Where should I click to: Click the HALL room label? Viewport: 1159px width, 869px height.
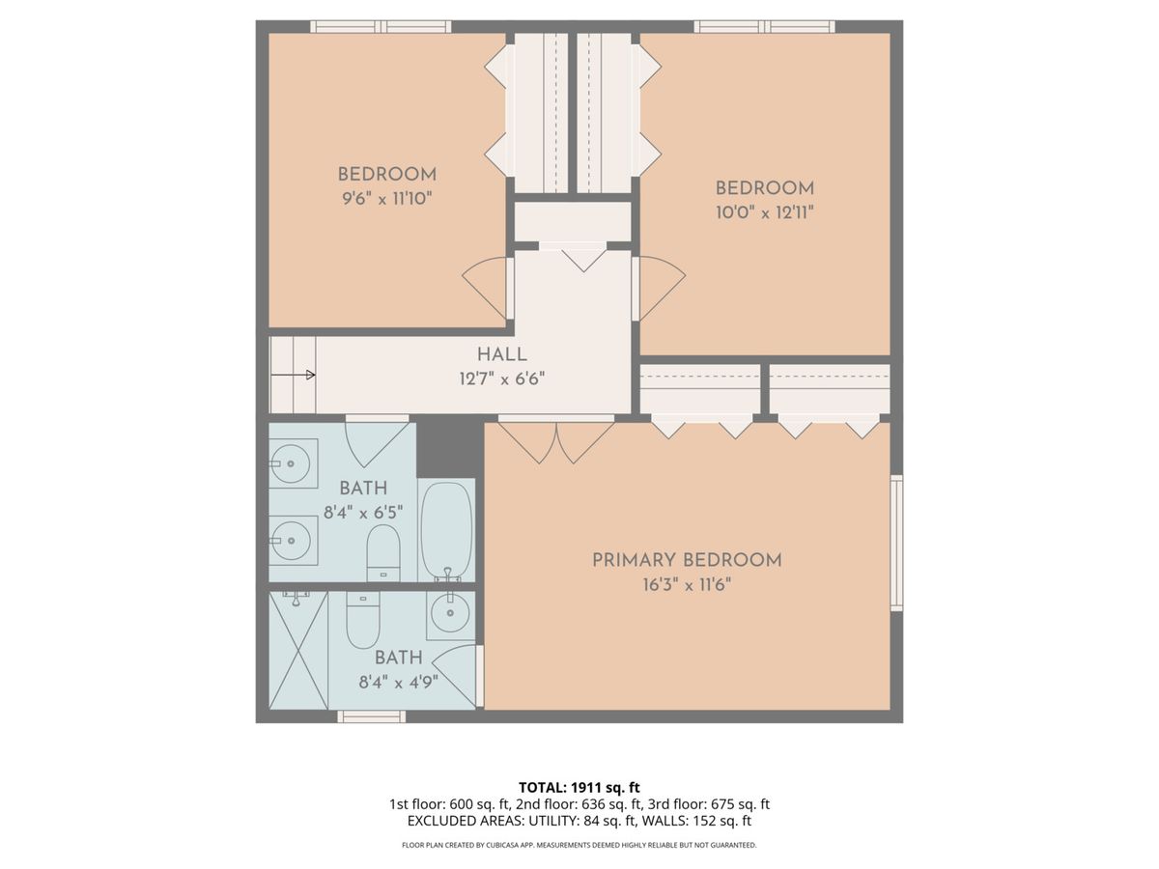point(501,354)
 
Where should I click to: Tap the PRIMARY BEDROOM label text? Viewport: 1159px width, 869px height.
point(687,560)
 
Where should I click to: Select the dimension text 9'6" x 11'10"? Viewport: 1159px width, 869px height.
point(387,199)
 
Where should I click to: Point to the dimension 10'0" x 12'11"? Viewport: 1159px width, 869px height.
point(764,212)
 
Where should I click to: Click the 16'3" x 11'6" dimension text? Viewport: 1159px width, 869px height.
point(687,584)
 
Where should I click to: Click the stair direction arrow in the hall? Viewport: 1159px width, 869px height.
point(293,376)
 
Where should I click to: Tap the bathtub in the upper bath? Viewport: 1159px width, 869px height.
point(447,530)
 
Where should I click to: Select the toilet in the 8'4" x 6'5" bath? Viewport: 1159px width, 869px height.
point(383,552)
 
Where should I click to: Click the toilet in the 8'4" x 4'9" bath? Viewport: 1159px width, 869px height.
point(363,620)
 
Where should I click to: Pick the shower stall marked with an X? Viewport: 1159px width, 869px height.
point(298,650)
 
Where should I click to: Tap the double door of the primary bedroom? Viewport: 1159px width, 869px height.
point(556,440)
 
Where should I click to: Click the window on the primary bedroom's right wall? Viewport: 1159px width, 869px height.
point(896,543)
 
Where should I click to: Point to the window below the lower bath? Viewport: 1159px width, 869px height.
point(372,716)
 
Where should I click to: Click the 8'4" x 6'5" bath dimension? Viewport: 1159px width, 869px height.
point(363,512)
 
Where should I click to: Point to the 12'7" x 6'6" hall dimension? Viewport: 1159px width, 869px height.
point(501,378)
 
